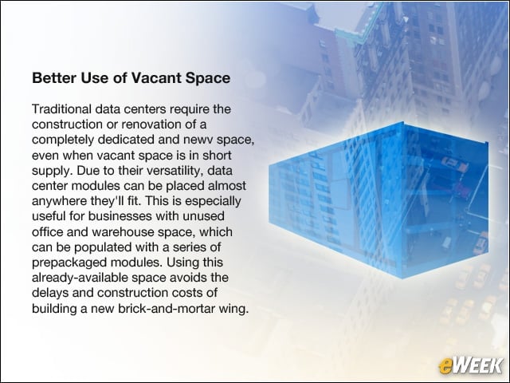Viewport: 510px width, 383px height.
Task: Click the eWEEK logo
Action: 470,365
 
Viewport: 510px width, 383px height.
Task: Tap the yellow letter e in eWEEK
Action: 445,367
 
